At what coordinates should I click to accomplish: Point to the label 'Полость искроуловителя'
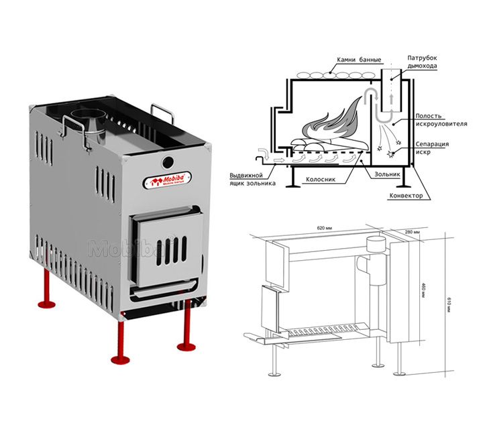click(437, 119)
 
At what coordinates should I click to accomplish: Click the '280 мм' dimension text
click(411, 232)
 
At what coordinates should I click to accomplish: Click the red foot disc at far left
click(47, 305)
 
